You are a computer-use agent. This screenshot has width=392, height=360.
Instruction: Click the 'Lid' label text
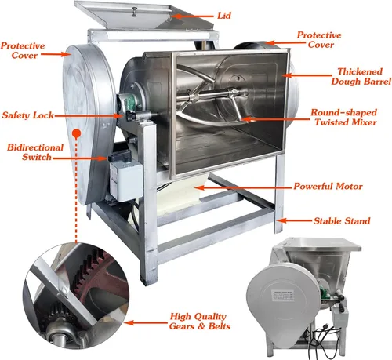coord(224,16)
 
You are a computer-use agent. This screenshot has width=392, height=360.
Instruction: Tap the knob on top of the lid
coord(135,13)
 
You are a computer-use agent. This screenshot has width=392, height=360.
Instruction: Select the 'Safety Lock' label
coord(27,115)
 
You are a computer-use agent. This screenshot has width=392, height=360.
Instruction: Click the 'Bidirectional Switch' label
coord(35,152)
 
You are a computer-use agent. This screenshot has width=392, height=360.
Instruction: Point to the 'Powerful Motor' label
coord(328,187)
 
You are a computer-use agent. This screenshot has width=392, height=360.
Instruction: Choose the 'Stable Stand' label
coord(342,221)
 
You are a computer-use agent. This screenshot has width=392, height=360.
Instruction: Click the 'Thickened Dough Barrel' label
coord(361,76)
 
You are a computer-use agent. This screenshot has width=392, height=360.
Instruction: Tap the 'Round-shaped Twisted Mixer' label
coord(344,118)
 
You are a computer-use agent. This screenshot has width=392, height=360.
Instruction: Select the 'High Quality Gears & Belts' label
coord(200,322)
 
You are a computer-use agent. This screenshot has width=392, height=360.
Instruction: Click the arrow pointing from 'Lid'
coord(192,16)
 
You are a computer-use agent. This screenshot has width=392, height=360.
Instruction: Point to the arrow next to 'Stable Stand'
coord(294,220)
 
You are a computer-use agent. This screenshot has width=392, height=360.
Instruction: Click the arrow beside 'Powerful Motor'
coord(243,187)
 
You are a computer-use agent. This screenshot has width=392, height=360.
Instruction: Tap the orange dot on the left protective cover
coord(76,133)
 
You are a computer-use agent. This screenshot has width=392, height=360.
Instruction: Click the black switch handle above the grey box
coord(119,155)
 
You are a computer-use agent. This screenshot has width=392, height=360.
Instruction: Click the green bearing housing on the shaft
coord(135,100)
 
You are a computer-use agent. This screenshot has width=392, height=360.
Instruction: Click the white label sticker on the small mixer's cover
coord(282,296)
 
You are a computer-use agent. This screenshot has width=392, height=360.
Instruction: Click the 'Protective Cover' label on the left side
coord(23,50)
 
